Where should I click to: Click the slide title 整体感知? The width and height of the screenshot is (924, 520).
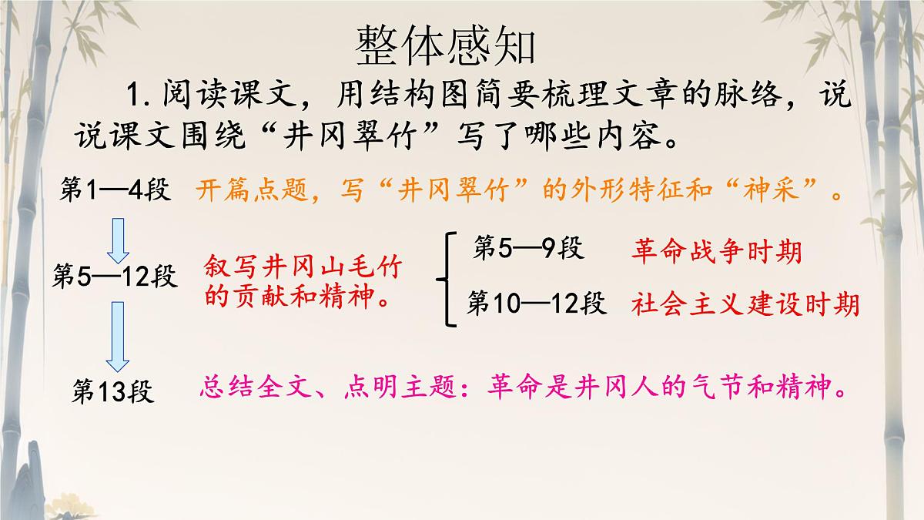(445, 48)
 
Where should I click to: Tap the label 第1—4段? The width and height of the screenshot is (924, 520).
(115, 190)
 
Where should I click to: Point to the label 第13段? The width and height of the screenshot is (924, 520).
(112, 391)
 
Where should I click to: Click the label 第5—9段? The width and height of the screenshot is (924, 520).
(529, 248)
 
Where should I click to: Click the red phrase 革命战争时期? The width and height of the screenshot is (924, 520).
(716, 251)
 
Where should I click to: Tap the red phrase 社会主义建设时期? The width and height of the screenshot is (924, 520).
(745, 305)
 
